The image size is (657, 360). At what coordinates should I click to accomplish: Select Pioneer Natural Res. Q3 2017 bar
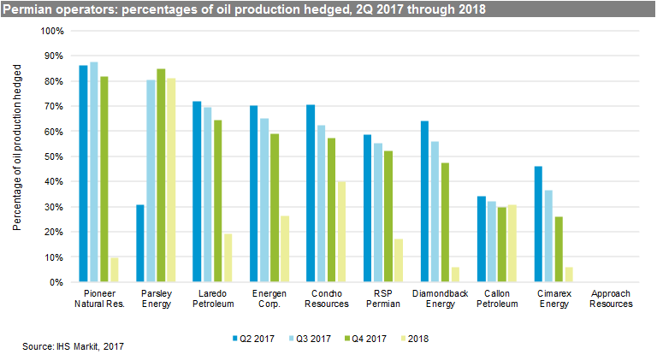[93, 172]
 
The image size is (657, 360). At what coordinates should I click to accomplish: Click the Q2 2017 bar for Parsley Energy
[140, 244]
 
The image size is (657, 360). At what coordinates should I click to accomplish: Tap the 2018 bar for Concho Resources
[342, 232]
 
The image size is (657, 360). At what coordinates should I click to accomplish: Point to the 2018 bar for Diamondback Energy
[456, 274]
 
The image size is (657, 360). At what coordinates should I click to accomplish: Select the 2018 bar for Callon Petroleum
[513, 244]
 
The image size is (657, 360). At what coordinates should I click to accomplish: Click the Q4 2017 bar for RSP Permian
[388, 216]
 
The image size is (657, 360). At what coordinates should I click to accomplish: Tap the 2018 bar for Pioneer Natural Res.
[115, 269]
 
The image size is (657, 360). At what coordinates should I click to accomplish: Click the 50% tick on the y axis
[55, 156]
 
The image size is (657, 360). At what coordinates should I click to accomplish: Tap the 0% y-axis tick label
[57, 282]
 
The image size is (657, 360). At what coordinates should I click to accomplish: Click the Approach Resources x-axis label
[611, 298]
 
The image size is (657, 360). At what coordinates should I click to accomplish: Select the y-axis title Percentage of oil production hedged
[16, 156]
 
